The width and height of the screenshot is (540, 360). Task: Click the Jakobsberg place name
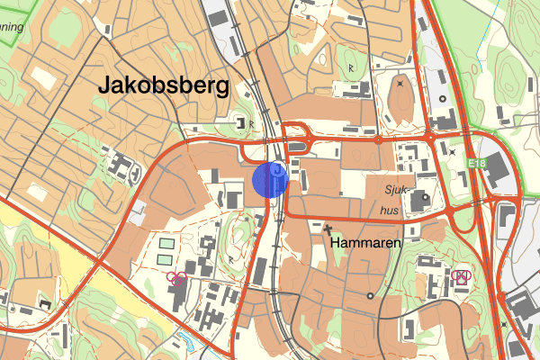tap(163, 86)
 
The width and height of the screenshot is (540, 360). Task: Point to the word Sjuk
tap(397, 190)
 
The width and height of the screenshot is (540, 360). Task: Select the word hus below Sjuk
tap(390, 210)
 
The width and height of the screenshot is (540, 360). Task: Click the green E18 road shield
tap(477, 163)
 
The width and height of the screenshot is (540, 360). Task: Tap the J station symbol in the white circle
tap(279, 168)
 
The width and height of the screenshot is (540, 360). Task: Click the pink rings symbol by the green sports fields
tap(177, 278)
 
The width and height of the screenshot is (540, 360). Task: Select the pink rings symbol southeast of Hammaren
tap(463, 275)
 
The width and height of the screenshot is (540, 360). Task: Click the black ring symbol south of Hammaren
tap(370, 295)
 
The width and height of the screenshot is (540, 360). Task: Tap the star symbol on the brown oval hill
tap(400, 84)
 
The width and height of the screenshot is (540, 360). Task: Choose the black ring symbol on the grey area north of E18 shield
tap(442, 99)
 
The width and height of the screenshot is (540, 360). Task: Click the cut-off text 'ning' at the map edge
tap(11, 27)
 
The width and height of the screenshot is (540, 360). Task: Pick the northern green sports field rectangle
tap(167, 244)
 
